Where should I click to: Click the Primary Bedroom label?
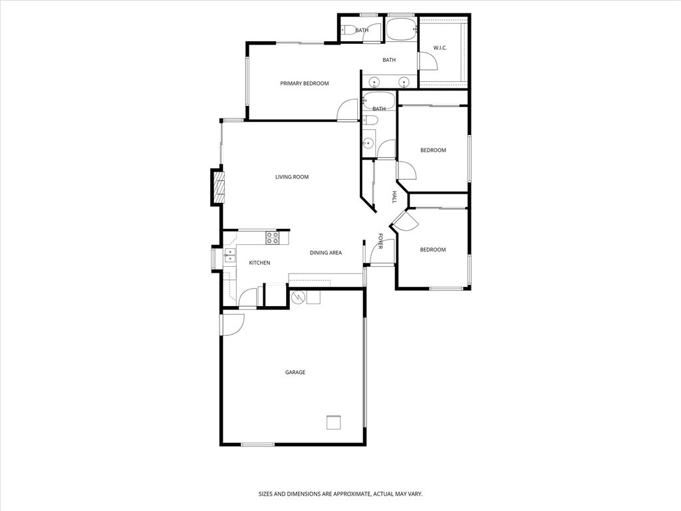pyautogui.click(x=304, y=83)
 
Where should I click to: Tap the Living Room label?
pyautogui.click(x=292, y=177)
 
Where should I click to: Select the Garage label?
pyautogui.click(x=295, y=372)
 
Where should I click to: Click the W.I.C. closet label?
pyautogui.click(x=440, y=48)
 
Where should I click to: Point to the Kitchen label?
pyautogui.click(x=259, y=263)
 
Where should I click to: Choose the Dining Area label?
pyautogui.click(x=325, y=252)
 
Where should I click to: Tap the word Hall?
pyautogui.click(x=394, y=197)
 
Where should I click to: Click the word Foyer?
pyautogui.click(x=380, y=241)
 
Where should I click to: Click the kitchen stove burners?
pyautogui.click(x=272, y=238)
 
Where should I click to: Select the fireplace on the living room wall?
pyautogui.click(x=218, y=187)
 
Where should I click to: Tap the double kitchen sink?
pyautogui.click(x=229, y=255)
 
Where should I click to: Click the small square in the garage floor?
pyautogui.click(x=334, y=423)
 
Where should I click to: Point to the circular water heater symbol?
pyautogui.click(x=297, y=297)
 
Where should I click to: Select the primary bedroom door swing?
pyautogui.click(x=347, y=110)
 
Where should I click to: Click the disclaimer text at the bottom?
pyautogui.click(x=340, y=494)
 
